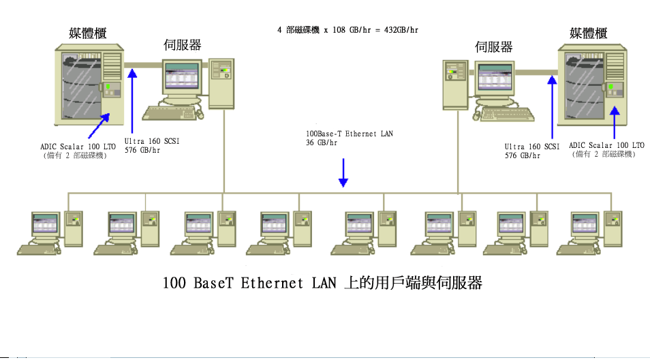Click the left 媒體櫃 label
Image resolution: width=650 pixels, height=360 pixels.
tap(88, 33)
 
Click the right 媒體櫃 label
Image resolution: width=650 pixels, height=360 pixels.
tap(588, 33)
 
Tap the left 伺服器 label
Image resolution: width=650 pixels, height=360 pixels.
tap(183, 46)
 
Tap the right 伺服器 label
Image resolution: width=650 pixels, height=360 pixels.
tap(493, 46)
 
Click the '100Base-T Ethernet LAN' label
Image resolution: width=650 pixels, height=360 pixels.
tap(350, 134)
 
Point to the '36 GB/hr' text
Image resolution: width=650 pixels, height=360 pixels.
tap(322, 142)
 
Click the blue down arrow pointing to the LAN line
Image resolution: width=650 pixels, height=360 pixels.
tap(343, 173)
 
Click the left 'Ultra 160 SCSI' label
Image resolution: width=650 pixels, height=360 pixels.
tap(152, 142)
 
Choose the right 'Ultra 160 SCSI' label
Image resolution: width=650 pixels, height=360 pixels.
tap(531, 147)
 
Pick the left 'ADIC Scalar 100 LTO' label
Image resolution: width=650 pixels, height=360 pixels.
tap(78, 147)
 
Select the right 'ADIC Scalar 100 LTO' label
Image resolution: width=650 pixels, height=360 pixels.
tap(606, 145)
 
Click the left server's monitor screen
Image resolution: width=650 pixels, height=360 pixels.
tap(182, 79)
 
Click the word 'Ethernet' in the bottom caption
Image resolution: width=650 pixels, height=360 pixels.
tap(271, 283)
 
